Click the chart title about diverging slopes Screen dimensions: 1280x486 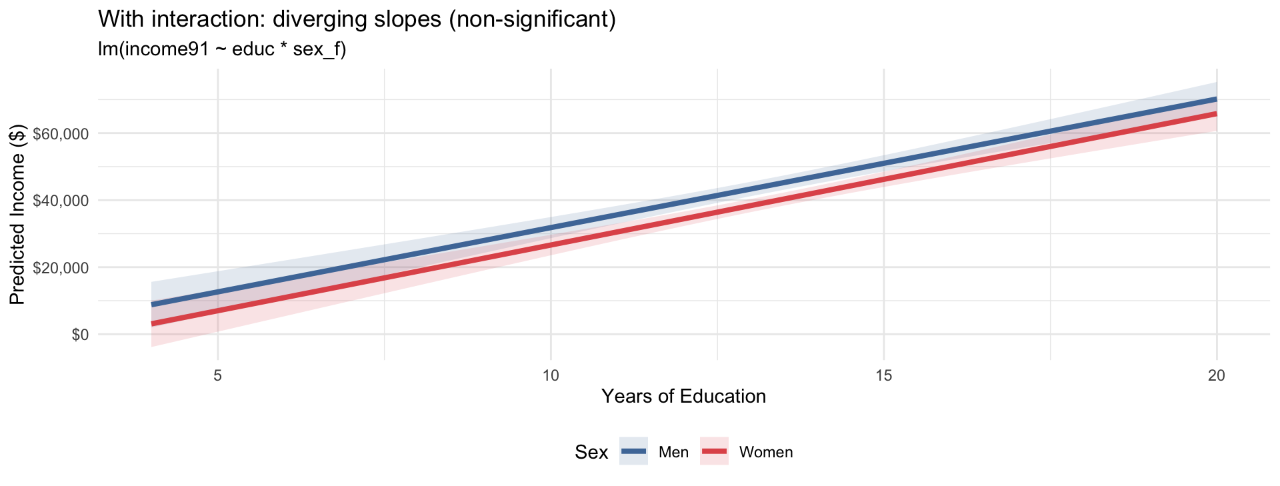click(357, 20)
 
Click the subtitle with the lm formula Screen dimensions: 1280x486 click(222, 50)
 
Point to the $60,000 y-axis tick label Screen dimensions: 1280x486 click(61, 133)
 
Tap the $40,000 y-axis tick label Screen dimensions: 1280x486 click(61, 201)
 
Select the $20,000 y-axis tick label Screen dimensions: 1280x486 click(61, 267)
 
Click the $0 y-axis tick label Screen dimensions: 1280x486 click(80, 334)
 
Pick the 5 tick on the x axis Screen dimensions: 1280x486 click(218, 375)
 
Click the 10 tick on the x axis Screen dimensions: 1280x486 click(551, 375)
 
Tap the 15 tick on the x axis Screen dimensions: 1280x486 click(883, 375)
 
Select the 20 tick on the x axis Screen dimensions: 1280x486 click(1217, 375)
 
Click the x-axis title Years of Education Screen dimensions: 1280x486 click(683, 397)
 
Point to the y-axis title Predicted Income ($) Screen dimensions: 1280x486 click(17, 214)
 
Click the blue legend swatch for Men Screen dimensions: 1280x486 click(633, 451)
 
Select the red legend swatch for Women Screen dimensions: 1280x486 click(714, 451)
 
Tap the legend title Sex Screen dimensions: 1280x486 click(591, 453)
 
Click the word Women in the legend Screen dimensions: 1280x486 click(766, 453)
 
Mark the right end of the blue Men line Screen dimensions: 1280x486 click(1217, 99)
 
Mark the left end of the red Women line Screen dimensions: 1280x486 click(152, 324)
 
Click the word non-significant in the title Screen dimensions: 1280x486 click(531, 20)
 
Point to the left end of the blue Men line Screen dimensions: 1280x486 click(152, 305)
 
